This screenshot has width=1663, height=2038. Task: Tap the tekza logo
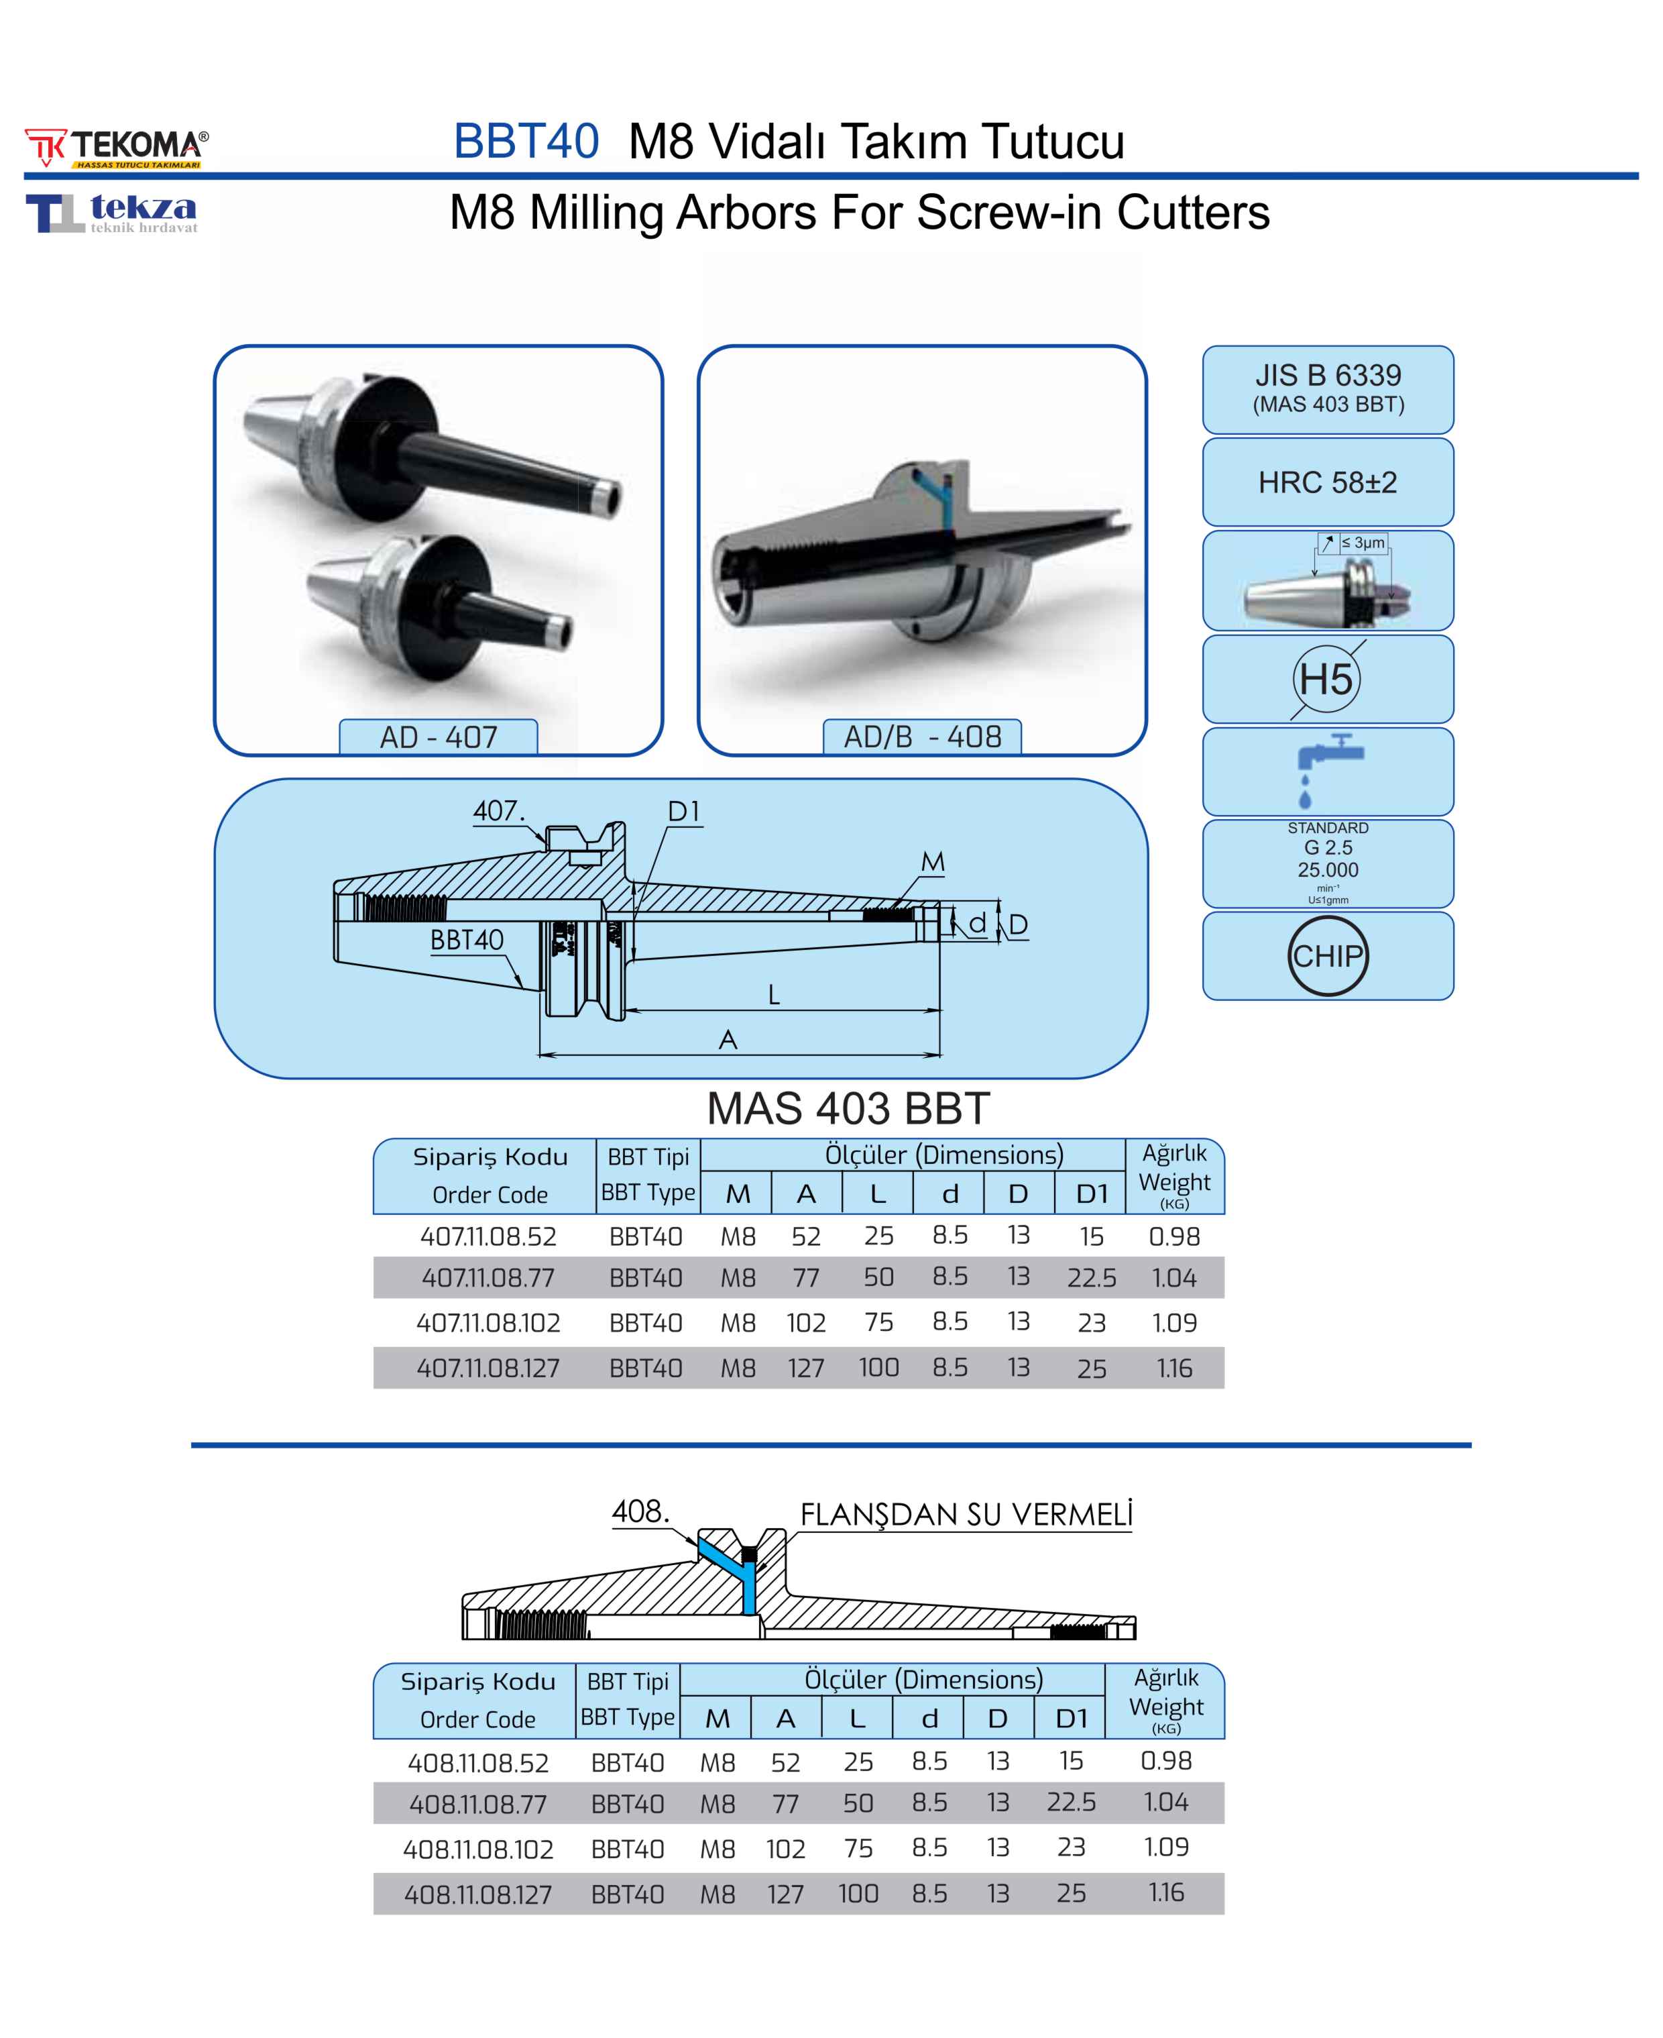click(x=112, y=213)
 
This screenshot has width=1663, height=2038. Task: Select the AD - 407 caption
click(x=438, y=737)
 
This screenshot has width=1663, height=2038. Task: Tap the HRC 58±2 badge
click(x=1327, y=482)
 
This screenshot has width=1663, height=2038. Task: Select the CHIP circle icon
click(x=1327, y=955)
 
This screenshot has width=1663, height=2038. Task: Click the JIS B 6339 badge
click(x=1327, y=388)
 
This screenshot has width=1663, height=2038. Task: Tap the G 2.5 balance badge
click(x=1327, y=862)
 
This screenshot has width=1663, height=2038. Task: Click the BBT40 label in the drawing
click(x=467, y=940)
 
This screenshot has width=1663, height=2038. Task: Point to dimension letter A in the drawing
click(x=728, y=1040)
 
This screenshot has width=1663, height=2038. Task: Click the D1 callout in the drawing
click(x=683, y=812)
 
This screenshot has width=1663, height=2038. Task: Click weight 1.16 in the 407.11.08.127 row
click(x=1173, y=1369)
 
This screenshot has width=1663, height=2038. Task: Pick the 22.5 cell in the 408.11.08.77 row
click(x=1070, y=1803)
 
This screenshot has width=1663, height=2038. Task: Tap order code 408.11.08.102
click(x=478, y=1849)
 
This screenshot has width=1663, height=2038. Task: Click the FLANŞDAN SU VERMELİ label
click(x=966, y=1515)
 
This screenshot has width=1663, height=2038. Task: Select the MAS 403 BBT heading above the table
click(x=848, y=1109)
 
